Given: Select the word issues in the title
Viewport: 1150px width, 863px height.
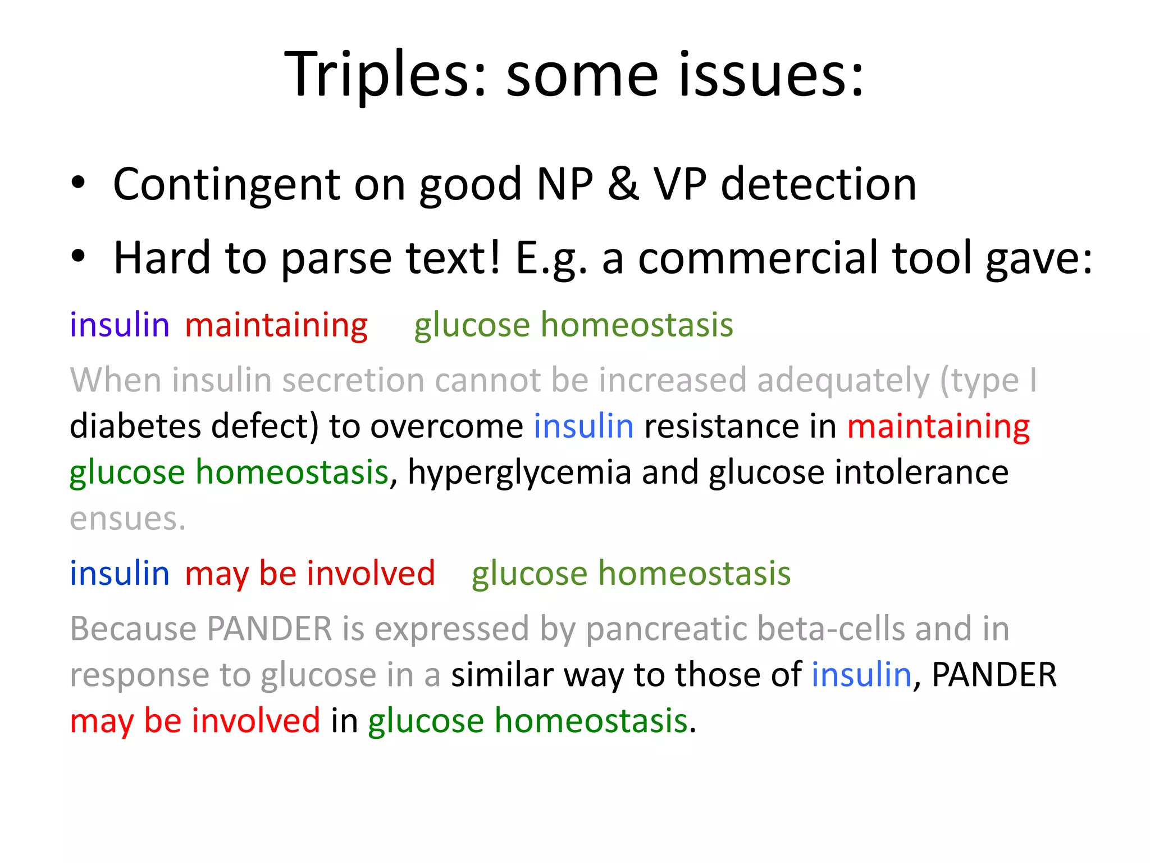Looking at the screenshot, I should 771,74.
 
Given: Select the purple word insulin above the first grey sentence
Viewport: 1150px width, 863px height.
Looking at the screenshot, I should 120,325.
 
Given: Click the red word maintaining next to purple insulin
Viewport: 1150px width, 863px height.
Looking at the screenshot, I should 276,326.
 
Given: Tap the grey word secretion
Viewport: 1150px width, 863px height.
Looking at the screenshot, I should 353,380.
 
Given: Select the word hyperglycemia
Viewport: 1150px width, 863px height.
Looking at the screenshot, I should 519,473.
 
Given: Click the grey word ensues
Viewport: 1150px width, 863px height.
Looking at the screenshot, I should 127,518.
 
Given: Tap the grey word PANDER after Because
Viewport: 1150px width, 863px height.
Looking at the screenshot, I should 270,628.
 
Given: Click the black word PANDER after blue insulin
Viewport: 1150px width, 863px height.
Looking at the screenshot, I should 993,674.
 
